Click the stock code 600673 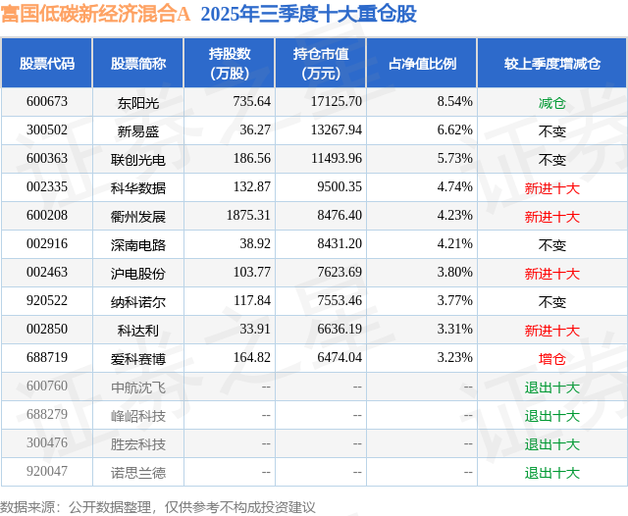pos(47,101)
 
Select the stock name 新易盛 pos(138,130)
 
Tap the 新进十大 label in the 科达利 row pos(551,331)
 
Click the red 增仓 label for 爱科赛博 pos(551,359)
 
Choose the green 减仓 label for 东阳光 pos(551,101)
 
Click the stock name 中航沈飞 pos(138,387)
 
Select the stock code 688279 pos(47,416)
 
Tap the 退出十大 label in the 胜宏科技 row pos(551,444)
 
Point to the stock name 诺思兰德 pos(138,473)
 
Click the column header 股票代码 pos(47,63)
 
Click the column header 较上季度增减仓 pos(551,63)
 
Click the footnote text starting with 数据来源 pos(158,506)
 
